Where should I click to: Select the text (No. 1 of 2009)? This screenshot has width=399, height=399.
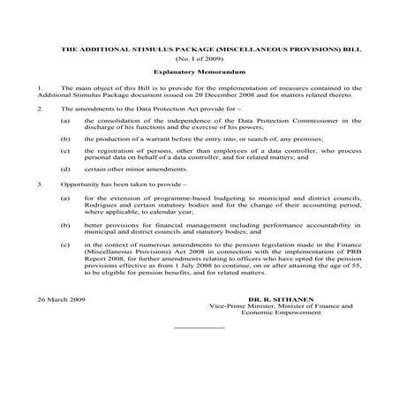click(199, 59)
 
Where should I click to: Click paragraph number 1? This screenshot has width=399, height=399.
click(41, 89)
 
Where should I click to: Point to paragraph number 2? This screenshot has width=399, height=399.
click(41, 107)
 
